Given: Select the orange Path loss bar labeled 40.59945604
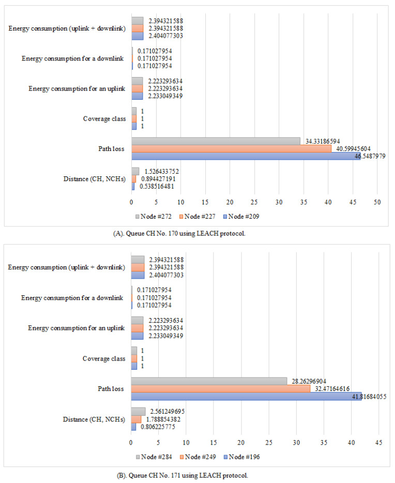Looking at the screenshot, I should point(231,148).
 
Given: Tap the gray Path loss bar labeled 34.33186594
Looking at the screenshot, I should point(216,141).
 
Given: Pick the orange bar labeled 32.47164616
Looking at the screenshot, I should point(220,388).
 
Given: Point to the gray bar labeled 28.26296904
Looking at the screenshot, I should point(209,381).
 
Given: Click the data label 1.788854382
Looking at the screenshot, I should point(163,419).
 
